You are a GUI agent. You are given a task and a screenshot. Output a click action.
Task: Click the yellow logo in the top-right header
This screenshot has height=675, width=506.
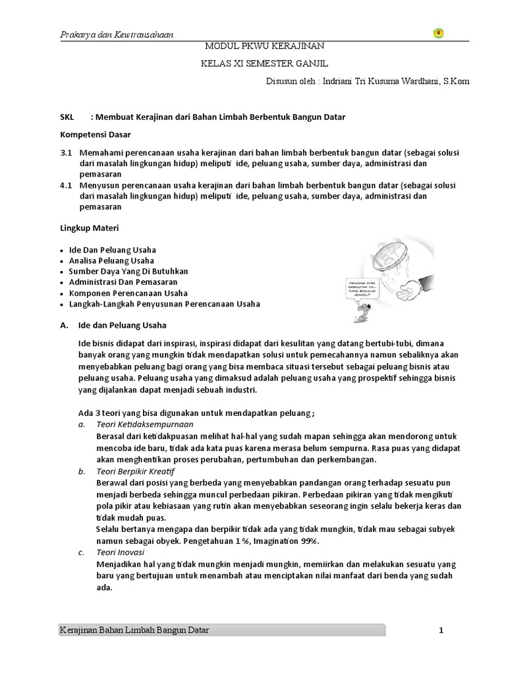(x=438, y=34)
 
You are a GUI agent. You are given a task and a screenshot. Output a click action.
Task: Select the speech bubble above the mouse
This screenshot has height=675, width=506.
(x=366, y=288)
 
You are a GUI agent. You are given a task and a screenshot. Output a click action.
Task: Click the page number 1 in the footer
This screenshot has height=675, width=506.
(x=441, y=631)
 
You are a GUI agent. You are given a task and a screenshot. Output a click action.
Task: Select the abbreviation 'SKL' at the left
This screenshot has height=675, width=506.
(x=69, y=117)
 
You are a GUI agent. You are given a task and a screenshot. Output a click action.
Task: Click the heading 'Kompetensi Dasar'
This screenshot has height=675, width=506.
(x=96, y=134)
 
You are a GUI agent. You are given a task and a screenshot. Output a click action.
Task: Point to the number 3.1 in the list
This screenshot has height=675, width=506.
(x=65, y=152)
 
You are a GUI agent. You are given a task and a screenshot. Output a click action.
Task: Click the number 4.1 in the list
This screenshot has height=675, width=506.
(x=65, y=185)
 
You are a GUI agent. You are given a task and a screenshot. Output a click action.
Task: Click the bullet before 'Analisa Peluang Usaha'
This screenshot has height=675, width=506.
(x=61, y=262)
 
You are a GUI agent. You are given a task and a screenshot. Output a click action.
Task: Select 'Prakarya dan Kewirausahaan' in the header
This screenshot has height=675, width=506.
(x=112, y=34)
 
